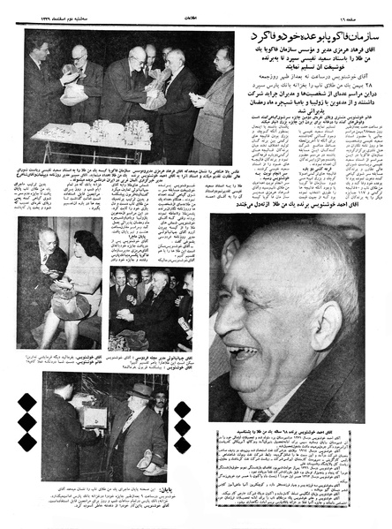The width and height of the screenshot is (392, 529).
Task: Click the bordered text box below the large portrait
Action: tap(290, 473)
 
